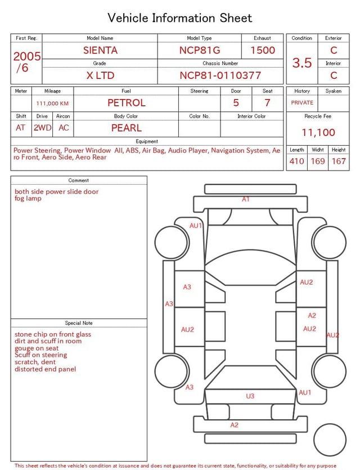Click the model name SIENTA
[x=100, y=50]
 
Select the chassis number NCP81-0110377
[x=220, y=75]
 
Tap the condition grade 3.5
[x=302, y=62]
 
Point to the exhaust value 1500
[x=262, y=50]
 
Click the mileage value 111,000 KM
[x=52, y=104]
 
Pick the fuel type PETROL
[x=127, y=103]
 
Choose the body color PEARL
[x=127, y=128]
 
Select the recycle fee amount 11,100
[x=318, y=132]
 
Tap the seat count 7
[x=267, y=103]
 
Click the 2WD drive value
[x=42, y=128]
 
